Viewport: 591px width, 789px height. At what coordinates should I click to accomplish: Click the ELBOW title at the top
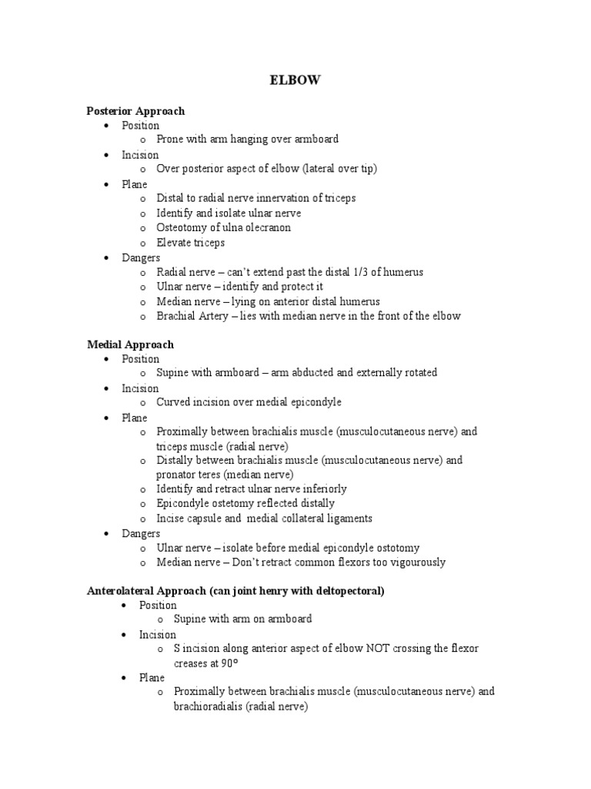pos(295,80)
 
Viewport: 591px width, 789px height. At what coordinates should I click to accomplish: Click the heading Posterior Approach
pos(135,111)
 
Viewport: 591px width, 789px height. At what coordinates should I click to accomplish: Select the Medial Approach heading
pos(130,344)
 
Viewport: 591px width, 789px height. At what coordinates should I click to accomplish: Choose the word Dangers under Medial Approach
pos(141,533)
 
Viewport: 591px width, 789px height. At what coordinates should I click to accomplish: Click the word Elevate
pos(174,243)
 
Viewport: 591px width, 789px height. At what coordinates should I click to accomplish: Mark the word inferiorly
pos(324,489)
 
